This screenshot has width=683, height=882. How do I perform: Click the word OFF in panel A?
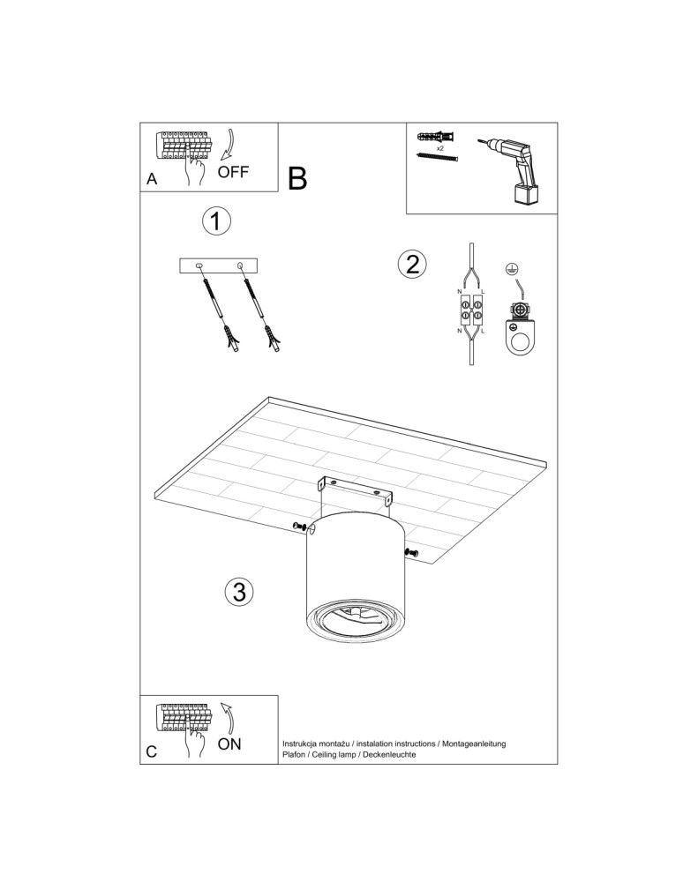pyautogui.click(x=234, y=172)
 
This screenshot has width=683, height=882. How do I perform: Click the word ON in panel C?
pyautogui.click(x=229, y=744)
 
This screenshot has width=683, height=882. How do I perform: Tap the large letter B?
pyautogui.click(x=297, y=179)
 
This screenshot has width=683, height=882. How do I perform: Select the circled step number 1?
pyautogui.click(x=216, y=221)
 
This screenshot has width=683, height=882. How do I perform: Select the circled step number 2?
pyautogui.click(x=411, y=264)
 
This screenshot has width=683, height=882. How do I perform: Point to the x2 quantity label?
pyautogui.click(x=427, y=148)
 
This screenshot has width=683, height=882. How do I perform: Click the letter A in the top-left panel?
pyautogui.click(x=152, y=179)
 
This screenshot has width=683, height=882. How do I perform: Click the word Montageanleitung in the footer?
pyautogui.click(x=473, y=744)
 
